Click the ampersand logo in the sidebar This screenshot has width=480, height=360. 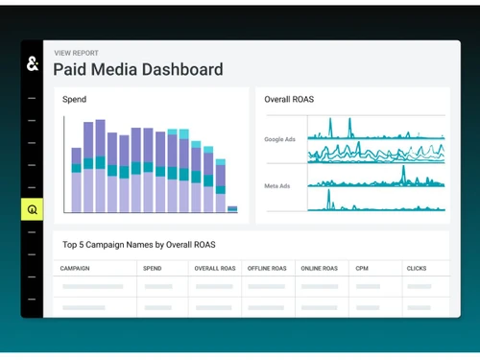32,64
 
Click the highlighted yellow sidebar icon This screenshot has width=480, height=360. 32,209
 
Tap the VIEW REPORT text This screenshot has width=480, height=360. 76,53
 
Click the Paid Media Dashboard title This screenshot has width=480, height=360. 137,70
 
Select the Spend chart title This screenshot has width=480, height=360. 74,99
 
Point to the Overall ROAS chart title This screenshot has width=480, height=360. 289,99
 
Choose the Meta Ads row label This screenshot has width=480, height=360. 277,185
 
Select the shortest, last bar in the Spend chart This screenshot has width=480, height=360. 232,208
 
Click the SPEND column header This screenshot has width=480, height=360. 153,269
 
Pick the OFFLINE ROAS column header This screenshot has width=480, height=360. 266,269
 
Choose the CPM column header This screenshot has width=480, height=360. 361,269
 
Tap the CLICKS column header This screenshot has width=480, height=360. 417,269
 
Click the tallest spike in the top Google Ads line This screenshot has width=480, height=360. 329,125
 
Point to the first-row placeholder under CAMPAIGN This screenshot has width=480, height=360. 92,286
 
